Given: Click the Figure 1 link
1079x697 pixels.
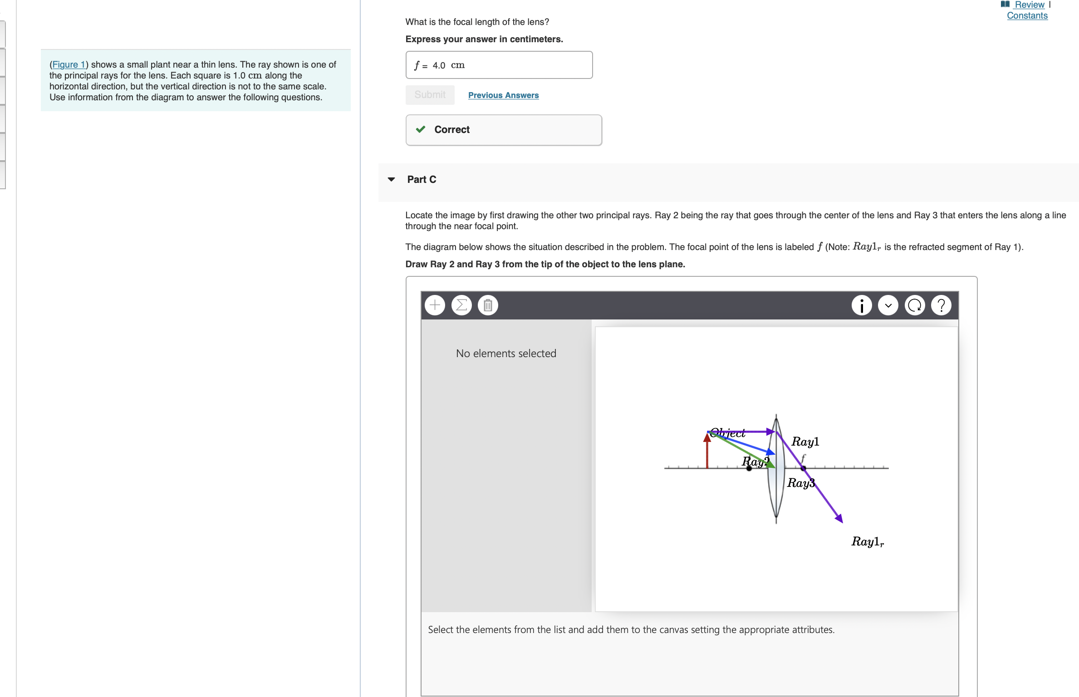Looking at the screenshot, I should [69, 64].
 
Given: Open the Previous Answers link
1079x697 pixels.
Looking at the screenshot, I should [503, 95].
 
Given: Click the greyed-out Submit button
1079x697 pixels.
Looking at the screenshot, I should [430, 95].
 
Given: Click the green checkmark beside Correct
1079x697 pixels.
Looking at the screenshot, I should [421, 129].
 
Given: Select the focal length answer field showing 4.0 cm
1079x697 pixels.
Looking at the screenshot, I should [499, 65].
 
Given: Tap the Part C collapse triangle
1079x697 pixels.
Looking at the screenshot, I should [391, 179].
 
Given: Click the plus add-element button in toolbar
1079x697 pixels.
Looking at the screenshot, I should [435, 305].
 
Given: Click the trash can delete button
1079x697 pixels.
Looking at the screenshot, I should [488, 305].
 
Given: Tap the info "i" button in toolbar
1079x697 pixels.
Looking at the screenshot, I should [861, 305].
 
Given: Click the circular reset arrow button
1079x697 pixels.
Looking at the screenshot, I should [915, 305].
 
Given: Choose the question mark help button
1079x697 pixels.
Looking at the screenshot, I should [941, 305].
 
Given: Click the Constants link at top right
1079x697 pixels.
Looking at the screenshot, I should [1027, 15].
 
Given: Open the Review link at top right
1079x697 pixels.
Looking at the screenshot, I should [1029, 5].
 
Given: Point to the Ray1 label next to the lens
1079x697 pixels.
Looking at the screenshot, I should [805, 442].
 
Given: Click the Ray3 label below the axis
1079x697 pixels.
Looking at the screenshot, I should [800, 483].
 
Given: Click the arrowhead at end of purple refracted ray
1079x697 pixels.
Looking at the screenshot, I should [839, 519].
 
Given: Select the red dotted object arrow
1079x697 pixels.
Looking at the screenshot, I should [707, 452].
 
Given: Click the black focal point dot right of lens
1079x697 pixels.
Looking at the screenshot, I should [803, 468].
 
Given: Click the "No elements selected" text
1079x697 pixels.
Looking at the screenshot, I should [506, 353].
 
